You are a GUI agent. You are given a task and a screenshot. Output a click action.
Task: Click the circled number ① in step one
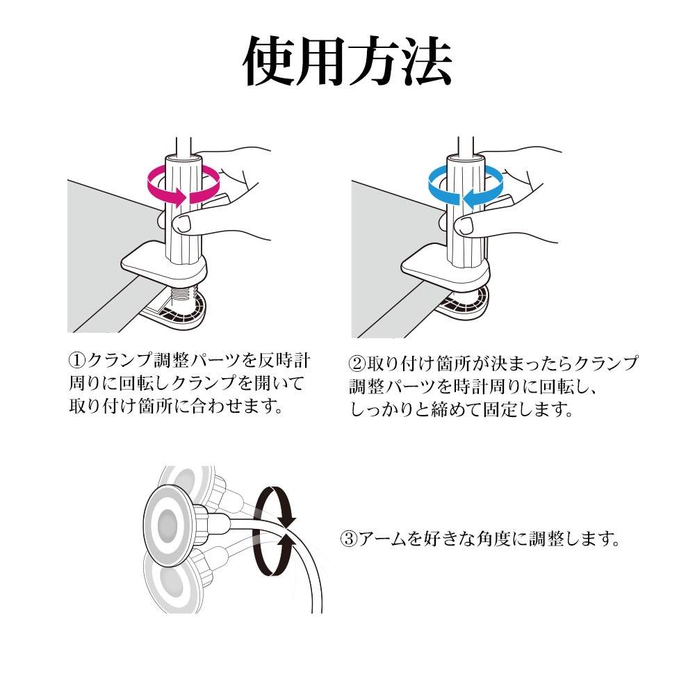(76, 360)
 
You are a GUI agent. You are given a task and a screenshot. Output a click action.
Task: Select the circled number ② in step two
(357, 363)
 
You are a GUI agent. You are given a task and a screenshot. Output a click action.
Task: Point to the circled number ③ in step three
(348, 539)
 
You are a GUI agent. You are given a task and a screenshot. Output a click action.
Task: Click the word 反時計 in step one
(284, 360)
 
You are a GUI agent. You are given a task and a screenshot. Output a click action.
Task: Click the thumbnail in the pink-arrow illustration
(181, 224)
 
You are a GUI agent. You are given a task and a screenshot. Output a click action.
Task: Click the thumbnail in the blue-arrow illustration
(464, 226)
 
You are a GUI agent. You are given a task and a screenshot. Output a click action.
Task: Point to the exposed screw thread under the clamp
(184, 293)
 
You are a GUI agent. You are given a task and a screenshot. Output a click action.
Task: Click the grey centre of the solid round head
(167, 525)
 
